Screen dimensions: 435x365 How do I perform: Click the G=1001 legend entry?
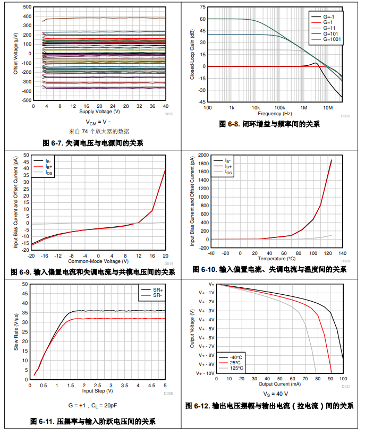330,39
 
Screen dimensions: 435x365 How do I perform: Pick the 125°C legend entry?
236,368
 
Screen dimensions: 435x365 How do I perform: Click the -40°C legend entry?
236,357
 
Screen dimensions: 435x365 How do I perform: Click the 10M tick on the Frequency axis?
329,107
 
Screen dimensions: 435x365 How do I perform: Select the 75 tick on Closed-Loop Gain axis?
202,7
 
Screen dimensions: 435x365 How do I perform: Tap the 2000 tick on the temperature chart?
203,155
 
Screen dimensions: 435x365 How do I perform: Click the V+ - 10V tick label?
206,373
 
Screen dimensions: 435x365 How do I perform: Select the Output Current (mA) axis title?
280,383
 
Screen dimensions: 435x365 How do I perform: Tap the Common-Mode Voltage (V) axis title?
98,261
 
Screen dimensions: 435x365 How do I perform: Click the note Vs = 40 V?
275,394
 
